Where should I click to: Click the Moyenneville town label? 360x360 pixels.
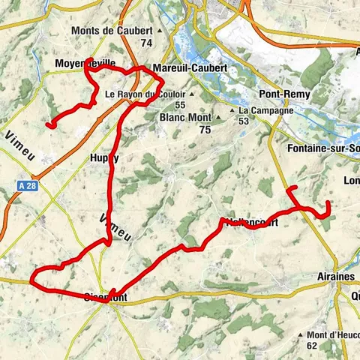(x=85, y=64)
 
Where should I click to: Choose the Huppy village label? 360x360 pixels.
(x=104, y=158)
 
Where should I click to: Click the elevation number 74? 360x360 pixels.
(x=146, y=43)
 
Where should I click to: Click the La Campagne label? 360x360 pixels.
(x=259, y=110)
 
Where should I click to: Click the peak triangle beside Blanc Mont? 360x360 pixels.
(x=217, y=118)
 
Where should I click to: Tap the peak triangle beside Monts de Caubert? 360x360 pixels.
(x=159, y=31)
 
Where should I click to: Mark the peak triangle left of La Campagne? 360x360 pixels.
(x=232, y=111)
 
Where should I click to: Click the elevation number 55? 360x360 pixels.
(x=180, y=106)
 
